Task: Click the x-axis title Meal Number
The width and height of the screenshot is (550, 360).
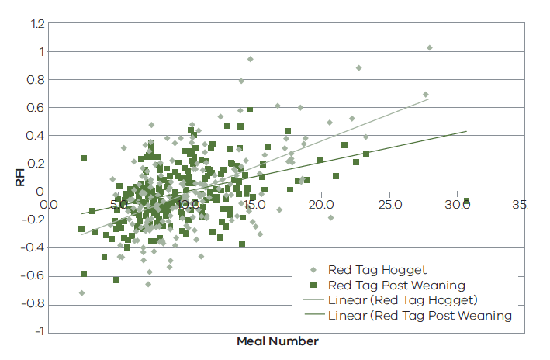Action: pyautogui.click(x=278, y=341)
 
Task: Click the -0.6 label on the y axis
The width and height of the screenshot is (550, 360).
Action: pyautogui.click(x=33, y=276)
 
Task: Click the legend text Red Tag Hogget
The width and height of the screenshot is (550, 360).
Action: pyautogui.click(x=377, y=270)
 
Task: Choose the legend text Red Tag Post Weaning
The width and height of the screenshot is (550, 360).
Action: pyautogui.click(x=396, y=285)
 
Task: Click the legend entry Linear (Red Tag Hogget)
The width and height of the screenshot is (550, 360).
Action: pyautogui.click(x=402, y=300)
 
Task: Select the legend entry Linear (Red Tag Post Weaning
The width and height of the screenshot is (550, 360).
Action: pyautogui.click(x=420, y=316)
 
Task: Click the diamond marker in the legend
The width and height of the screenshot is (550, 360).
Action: pyautogui.click(x=313, y=270)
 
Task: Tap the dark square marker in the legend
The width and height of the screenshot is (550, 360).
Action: pyautogui.click(x=313, y=286)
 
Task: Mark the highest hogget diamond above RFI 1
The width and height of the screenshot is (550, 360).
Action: pyautogui.click(x=429, y=48)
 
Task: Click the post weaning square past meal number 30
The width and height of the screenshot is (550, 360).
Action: pyautogui.click(x=466, y=202)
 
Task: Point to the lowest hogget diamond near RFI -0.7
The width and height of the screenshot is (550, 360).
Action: pyautogui.click(x=81, y=292)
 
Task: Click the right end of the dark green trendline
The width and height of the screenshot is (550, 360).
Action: pyautogui.click(x=466, y=131)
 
